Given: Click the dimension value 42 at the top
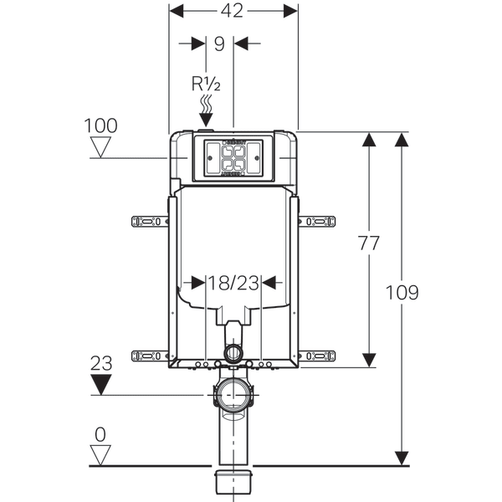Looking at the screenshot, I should [x=234, y=10].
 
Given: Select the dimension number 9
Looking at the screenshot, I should [x=219, y=44].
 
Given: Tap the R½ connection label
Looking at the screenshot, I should [x=205, y=83].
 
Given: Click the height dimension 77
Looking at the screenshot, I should [x=368, y=243].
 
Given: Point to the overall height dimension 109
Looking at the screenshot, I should [x=402, y=293].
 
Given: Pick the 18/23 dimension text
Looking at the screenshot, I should [x=233, y=284].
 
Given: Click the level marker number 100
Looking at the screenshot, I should [x=101, y=126].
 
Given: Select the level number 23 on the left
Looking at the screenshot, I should [x=101, y=364].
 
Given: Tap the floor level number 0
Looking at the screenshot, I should [x=101, y=435].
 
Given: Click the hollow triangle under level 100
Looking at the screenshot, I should [x=101, y=149].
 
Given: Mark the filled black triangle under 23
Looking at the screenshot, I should [x=101, y=385].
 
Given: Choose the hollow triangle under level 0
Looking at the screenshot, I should [x=101, y=455].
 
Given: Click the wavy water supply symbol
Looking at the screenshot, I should [x=205, y=107].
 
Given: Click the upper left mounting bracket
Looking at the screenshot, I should [x=150, y=222].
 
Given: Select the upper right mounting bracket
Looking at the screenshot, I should [x=318, y=222].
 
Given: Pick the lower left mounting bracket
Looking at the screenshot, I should [x=150, y=355].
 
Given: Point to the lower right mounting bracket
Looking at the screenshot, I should [x=318, y=355].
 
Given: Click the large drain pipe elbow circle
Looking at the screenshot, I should [x=233, y=394].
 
